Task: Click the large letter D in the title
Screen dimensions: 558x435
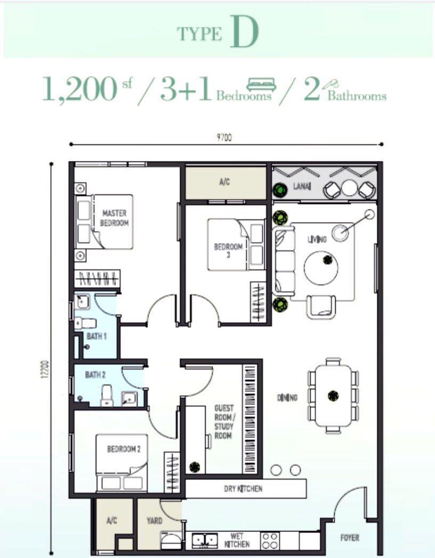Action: click(245, 33)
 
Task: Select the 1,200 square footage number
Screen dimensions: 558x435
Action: click(79, 89)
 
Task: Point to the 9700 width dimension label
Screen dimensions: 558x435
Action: click(224, 137)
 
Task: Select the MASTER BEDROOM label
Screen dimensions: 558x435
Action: click(115, 218)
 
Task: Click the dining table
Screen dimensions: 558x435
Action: click(333, 395)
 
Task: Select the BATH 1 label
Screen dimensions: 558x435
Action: click(97, 337)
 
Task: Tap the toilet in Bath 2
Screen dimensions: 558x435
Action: click(107, 395)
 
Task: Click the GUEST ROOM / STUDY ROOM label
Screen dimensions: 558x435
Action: click(223, 422)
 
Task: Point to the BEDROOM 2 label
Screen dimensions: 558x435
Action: click(124, 449)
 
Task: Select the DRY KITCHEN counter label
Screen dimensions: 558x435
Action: click(243, 488)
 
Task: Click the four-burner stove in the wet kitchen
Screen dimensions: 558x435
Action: click(269, 541)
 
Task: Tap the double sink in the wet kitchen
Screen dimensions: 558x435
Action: click(204, 541)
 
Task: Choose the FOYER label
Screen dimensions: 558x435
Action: click(350, 538)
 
